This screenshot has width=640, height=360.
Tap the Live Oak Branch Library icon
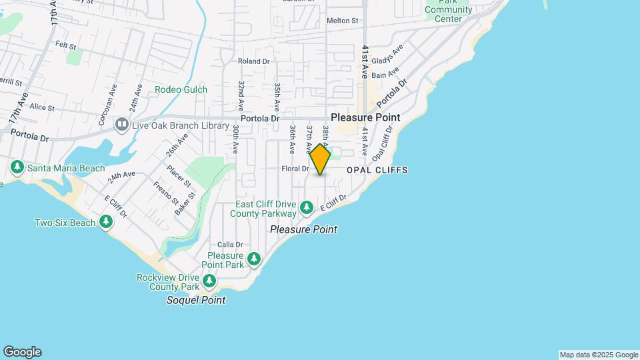[121, 124]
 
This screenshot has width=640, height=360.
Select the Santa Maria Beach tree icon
[17, 167]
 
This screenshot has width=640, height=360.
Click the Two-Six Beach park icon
[105, 221]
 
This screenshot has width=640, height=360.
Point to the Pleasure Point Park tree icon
[253, 258]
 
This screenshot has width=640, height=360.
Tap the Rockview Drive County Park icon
[209, 281]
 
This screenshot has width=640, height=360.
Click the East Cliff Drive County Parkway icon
[306, 207]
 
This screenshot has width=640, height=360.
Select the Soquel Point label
[196, 300]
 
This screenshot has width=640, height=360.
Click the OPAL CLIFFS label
[377, 170]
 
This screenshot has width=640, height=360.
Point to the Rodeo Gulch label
[181, 89]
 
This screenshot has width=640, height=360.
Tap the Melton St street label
[343, 21]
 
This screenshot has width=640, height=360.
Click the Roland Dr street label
[253, 61]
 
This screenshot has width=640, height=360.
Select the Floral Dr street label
[296, 169]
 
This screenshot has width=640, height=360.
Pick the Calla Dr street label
[229, 245]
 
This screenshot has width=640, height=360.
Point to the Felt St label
[67, 45]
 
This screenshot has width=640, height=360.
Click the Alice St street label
[41, 107]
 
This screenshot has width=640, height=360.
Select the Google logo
[22, 352]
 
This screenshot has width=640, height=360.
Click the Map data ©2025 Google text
[598, 355]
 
